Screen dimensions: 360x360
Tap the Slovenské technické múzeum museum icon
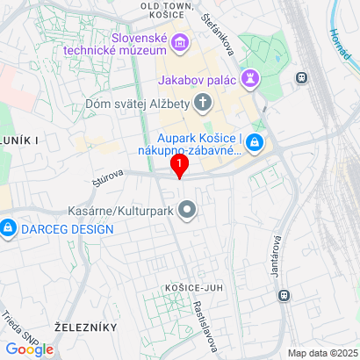[181, 41]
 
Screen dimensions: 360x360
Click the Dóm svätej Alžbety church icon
[203, 104]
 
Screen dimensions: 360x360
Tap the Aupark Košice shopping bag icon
[254, 141]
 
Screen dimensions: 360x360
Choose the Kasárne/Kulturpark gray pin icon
[186, 210]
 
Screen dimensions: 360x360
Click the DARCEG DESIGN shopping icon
[8, 229]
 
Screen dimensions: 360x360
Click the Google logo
[30, 349]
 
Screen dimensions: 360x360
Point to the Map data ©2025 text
[323, 353]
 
